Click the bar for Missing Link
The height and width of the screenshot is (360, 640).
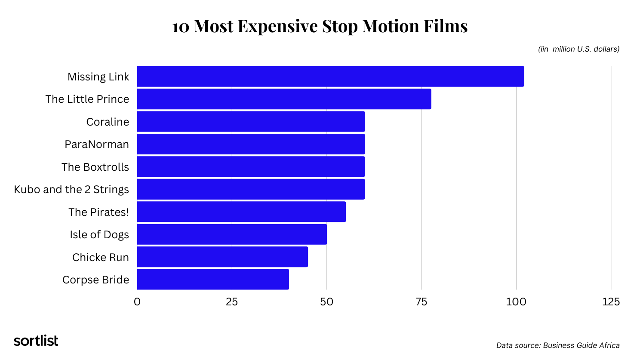click(330, 77)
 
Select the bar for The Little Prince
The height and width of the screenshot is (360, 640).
click(284, 99)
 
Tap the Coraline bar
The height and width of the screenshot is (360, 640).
click(251, 122)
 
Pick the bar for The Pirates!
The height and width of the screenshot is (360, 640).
click(241, 212)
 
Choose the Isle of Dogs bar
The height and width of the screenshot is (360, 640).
click(232, 234)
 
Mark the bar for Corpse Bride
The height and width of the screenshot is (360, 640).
click(213, 280)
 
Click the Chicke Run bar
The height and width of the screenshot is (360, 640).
click(222, 257)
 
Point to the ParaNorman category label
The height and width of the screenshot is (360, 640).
click(97, 144)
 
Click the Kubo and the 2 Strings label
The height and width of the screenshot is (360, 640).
click(71, 189)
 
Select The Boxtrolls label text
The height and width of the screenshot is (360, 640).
click(95, 167)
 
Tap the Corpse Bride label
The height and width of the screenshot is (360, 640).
click(95, 280)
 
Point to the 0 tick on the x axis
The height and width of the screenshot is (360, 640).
click(137, 302)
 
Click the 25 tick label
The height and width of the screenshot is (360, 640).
click(232, 302)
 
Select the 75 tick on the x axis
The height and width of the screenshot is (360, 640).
click(422, 302)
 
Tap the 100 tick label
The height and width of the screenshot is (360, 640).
click(516, 302)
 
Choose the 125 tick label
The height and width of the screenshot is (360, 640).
click(611, 302)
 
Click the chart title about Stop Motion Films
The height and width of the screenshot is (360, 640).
click(320, 26)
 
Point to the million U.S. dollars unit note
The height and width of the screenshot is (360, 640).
click(578, 49)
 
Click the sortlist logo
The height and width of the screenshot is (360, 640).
click(36, 341)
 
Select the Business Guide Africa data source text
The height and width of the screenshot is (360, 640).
click(558, 345)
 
